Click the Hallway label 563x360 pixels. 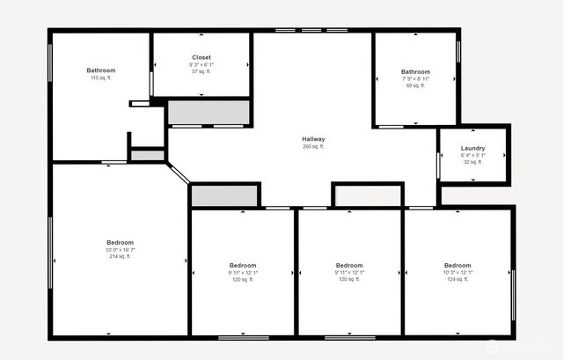click(x=313, y=139)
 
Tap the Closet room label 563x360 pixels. click(x=201, y=57)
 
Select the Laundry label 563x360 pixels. click(x=473, y=148)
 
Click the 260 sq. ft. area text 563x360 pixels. click(x=313, y=147)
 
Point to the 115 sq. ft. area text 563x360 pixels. click(x=100, y=78)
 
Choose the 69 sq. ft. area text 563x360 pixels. click(x=415, y=85)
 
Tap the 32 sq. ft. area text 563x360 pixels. click(x=473, y=162)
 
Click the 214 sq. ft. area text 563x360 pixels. click(x=121, y=257)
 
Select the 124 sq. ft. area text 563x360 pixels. click(x=457, y=280)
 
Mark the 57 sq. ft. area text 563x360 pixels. click(x=201, y=71)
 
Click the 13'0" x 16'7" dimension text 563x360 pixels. click(x=121, y=250)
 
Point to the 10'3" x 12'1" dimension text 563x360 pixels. click(x=457, y=273)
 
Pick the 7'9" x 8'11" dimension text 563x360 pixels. click(x=415, y=78)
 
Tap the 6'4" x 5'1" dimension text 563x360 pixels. click(x=473, y=155)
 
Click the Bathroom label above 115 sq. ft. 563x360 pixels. click(x=100, y=70)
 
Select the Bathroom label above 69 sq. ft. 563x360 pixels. click(x=415, y=71)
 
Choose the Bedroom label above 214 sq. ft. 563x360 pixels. click(x=121, y=242)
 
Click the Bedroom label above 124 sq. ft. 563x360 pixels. click(x=457, y=265)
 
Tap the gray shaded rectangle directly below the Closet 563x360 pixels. click(x=208, y=113)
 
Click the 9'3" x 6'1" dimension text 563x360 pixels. click(x=201, y=64)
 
